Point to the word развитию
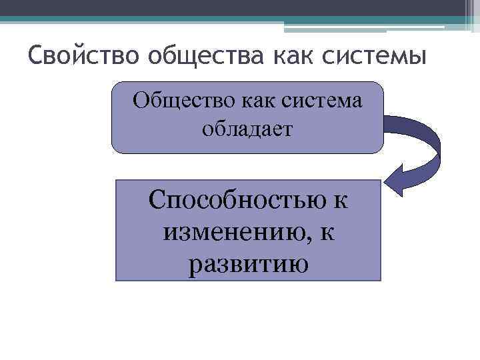pos(248,265)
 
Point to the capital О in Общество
pos(141,101)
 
